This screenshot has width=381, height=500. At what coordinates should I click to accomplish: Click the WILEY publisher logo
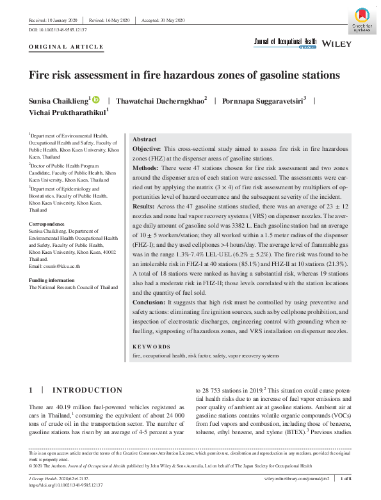coord(336,43)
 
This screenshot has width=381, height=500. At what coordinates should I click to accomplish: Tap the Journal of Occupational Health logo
coord(285,43)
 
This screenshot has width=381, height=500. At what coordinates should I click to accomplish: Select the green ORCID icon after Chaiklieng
coord(97,100)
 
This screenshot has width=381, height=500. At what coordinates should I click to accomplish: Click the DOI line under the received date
coord(58,30)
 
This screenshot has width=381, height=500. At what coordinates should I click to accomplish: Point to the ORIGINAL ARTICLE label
coord(66,47)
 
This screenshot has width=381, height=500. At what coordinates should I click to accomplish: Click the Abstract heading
coord(144,139)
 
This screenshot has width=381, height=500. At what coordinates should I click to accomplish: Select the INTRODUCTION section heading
coord(86,390)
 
